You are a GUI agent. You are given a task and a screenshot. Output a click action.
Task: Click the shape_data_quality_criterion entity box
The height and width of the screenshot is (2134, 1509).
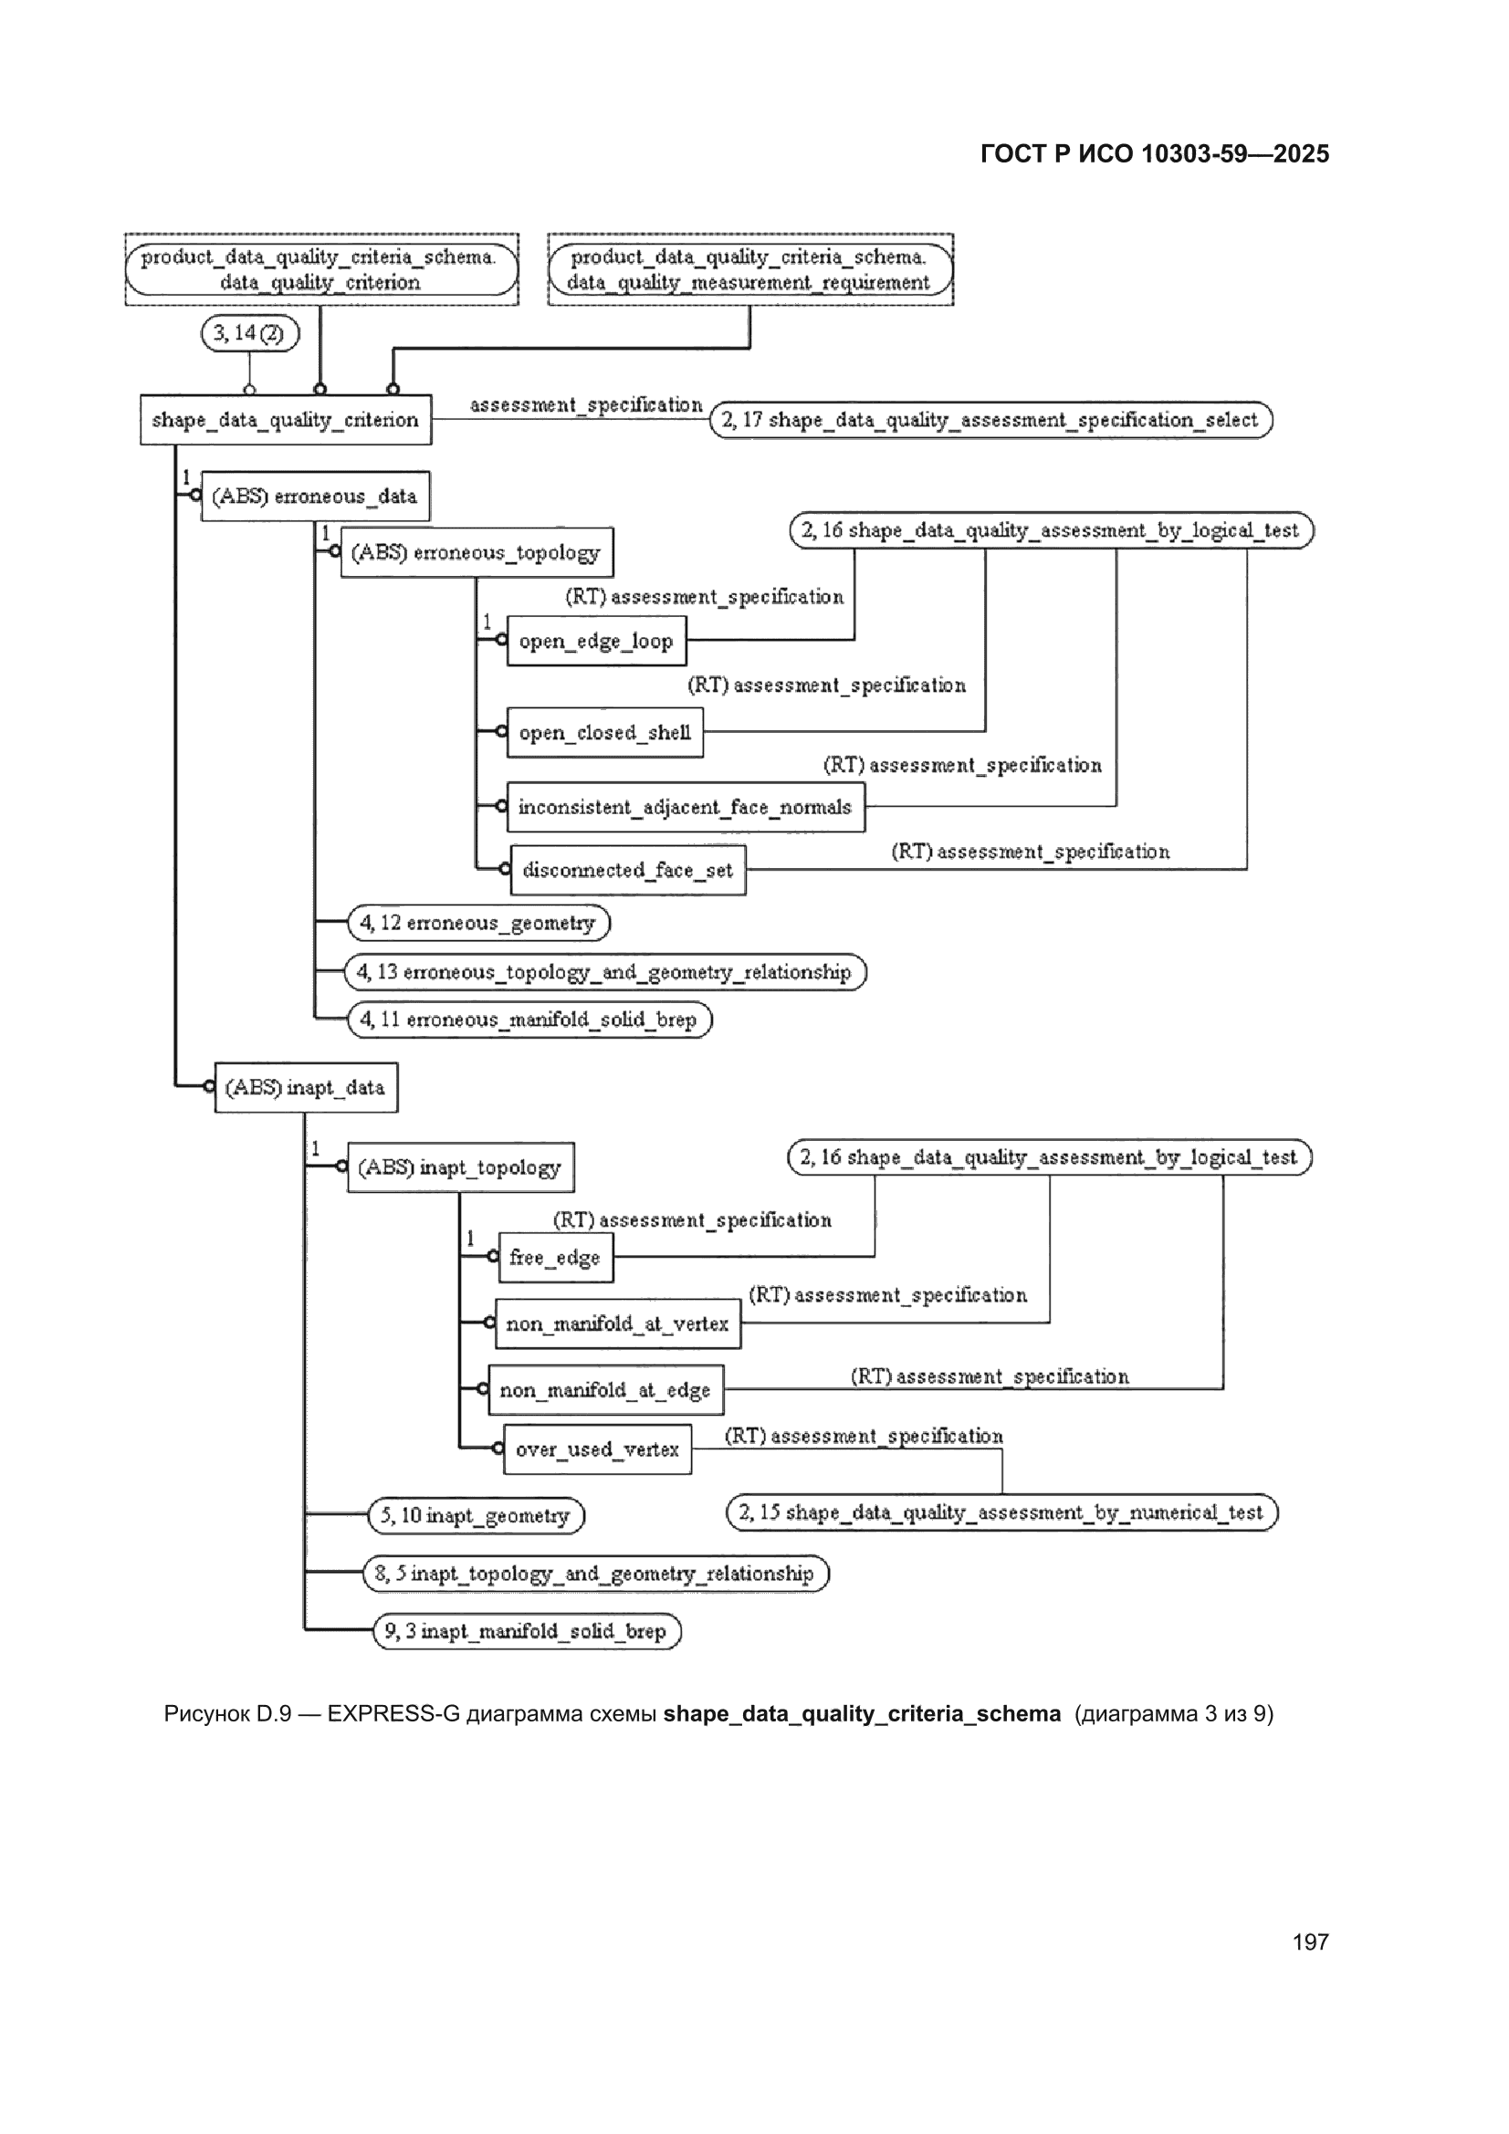coord(286,419)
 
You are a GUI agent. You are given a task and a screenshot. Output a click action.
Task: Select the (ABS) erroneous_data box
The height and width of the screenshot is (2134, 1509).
coord(315,496)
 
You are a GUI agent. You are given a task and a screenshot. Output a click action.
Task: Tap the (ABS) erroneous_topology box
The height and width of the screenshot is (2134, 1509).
coord(477,552)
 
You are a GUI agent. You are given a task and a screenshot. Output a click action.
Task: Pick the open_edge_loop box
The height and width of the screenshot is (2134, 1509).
coord(597,641)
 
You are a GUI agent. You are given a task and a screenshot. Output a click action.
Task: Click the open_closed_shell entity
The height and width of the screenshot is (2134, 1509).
coord(605,732)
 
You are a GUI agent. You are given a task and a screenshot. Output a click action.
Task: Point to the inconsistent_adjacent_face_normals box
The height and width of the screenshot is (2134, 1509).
coord(686,807)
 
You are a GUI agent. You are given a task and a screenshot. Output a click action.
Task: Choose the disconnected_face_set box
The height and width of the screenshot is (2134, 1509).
coord(628,870)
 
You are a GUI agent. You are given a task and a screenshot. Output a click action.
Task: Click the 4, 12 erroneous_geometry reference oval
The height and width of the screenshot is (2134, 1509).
coord(479,923)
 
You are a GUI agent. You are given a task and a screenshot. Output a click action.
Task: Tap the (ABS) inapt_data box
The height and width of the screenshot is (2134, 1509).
coord(306,1087)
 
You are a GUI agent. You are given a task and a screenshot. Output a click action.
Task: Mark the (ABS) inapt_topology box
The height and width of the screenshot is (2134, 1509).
coord(461,1167)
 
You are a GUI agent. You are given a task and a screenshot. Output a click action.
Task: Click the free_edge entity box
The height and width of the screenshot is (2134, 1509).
coord(556,1258)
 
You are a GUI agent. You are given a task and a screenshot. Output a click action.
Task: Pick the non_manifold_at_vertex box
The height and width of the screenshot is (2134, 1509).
coord(618,1323)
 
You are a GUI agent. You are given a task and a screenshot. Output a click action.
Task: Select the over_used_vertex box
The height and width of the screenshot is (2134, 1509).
coord(598,1449)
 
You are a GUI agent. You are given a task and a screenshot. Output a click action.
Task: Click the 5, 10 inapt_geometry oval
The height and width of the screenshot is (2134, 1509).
coord(476,1516)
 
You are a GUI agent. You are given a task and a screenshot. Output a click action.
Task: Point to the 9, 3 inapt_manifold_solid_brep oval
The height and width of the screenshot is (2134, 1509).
coord(527,1631)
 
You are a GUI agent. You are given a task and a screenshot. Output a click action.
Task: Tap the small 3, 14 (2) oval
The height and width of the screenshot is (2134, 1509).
coord(250,333)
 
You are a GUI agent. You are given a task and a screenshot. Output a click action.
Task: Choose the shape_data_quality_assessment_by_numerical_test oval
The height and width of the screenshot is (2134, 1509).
coord(1002,1512)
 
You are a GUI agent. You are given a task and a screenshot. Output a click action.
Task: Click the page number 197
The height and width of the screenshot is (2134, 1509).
coord(1310,1941)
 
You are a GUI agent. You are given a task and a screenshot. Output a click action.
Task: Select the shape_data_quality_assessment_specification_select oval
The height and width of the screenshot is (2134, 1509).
coord(991,420)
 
